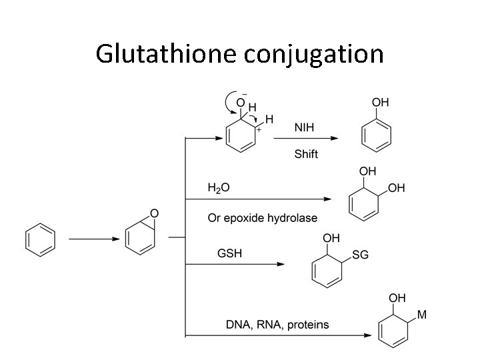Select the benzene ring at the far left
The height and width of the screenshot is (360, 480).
[40, 239]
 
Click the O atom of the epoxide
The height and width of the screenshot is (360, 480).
[154, 213]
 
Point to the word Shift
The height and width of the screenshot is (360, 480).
[306, 154]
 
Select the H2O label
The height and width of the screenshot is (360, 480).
[219, 189]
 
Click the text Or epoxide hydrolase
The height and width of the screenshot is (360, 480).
[262, 218]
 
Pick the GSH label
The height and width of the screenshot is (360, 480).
[229, 251]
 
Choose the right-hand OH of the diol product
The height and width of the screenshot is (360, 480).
[396, 188]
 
